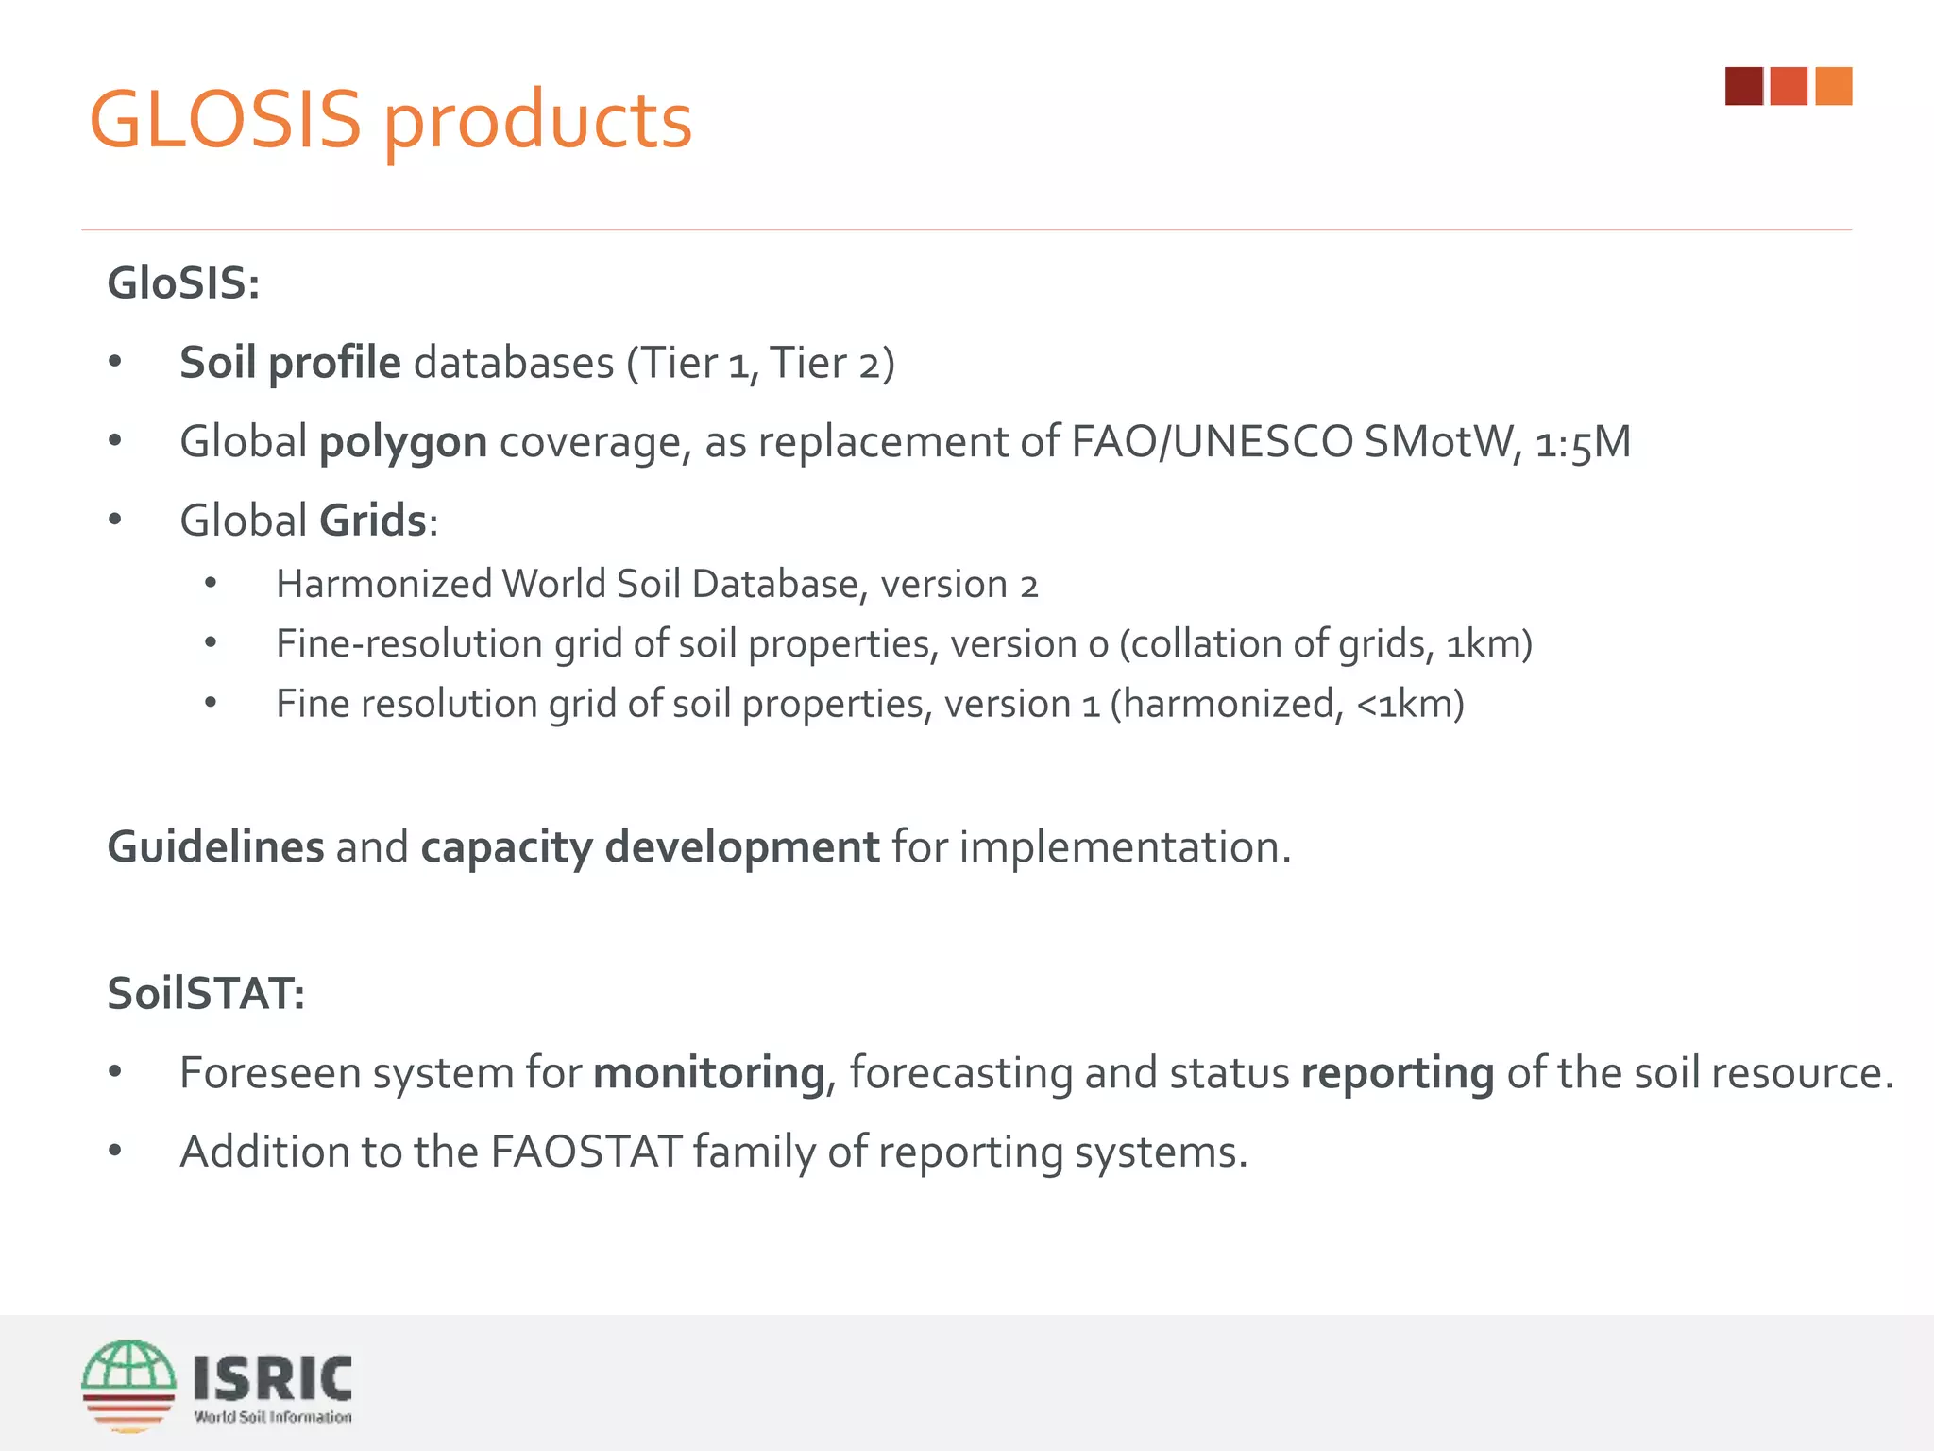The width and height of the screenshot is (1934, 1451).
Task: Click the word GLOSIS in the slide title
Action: pos(225,120)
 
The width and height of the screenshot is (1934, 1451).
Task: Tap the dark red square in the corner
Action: pos(1743,86)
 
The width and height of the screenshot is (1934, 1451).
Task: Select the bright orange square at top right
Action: pos(1833,86)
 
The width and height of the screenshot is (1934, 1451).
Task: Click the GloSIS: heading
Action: pos(183,283)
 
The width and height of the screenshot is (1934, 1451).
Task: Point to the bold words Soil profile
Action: pos(290,364)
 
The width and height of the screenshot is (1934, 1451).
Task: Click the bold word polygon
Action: pos(403,443)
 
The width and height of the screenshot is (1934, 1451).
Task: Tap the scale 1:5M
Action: pos(1583,442)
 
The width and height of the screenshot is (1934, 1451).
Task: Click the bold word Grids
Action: pos(372,521)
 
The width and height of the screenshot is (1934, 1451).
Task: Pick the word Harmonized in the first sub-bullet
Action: pos(384,585)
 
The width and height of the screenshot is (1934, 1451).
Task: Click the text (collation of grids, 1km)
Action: pos(1326,644)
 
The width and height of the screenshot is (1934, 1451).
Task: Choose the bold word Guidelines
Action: pos(215,847)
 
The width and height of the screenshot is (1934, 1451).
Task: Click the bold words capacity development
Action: pos(650,847)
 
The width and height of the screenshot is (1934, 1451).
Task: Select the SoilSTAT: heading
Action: pos(206,994)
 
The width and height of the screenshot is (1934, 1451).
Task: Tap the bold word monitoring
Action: pos(709,1073)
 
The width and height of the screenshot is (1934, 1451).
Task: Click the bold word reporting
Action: pos(1398,1074)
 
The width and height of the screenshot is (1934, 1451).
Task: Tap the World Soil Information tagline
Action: pos(273,1417)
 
